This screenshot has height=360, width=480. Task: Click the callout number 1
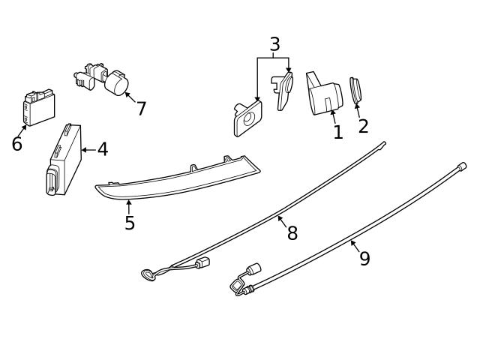coord(338,133)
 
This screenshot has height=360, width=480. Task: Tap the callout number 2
coord(363,126)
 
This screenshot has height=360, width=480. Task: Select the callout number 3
coord(274,44)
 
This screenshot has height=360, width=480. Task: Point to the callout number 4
coord(103,150)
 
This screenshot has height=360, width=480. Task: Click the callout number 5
coord(130,223)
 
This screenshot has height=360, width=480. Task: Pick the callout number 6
coord(16,144)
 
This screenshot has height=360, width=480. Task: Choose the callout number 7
coord(141,109)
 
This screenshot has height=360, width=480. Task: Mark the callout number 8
coord(292,233)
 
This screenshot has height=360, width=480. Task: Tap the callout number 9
coord(364,259)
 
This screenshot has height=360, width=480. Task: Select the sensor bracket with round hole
coord(247,118)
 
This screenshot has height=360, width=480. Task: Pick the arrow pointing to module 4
coord(88,150)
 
